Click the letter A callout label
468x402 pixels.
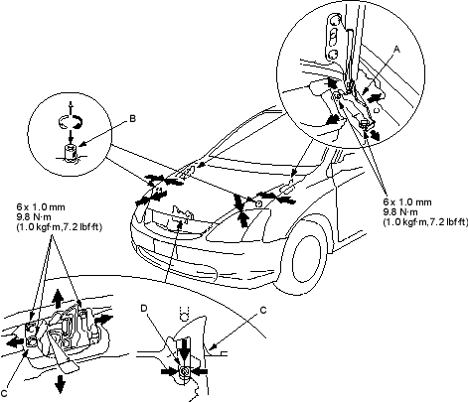396,50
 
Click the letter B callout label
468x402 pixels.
132,118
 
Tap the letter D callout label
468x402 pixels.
144,309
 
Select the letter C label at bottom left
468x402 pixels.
4,393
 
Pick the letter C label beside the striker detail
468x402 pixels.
263,311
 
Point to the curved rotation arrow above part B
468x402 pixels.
70,121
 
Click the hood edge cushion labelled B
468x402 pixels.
71,153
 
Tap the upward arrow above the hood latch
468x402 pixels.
59,299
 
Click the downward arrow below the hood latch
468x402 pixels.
60,384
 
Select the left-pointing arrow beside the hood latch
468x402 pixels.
16,342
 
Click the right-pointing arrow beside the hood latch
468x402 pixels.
103,320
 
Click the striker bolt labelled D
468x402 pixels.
184,372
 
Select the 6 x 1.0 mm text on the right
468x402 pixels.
407,201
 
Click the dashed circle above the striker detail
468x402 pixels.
184,314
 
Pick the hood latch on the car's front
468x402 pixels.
181,215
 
